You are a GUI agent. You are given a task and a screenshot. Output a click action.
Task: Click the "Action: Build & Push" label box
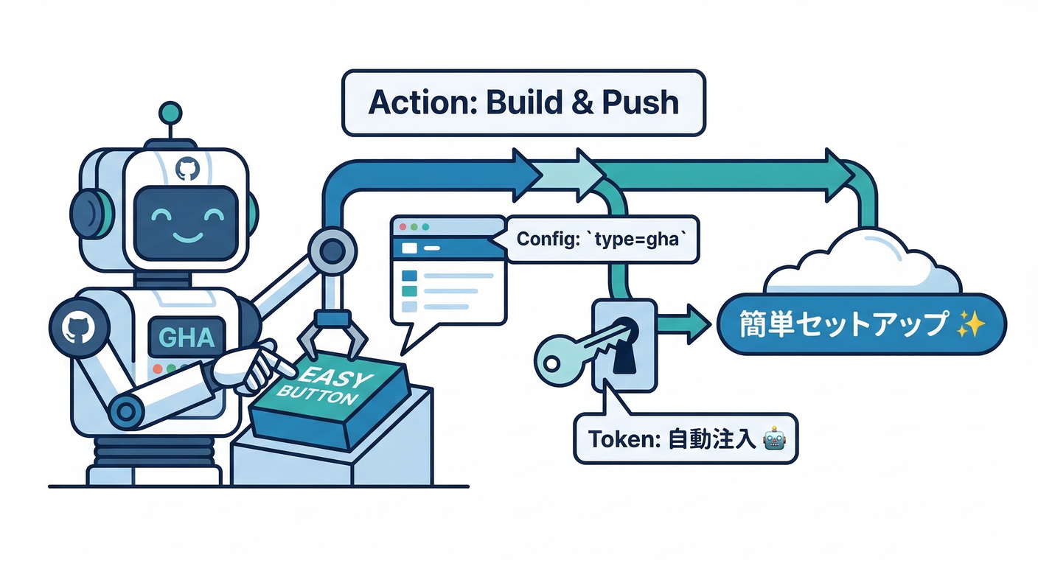tap(524, 102)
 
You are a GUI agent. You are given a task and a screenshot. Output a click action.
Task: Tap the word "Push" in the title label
tap(639, 102)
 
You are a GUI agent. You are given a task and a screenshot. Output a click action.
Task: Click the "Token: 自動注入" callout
tap(685, 439)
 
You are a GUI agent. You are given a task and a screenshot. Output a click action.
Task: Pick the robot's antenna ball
tap(170, 112)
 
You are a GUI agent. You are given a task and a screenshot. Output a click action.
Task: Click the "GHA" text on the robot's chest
tap(187, 338)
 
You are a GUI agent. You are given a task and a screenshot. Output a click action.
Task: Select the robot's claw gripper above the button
tap(332, 332)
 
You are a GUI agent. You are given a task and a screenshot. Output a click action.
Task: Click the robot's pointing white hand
tap(251, 365)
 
